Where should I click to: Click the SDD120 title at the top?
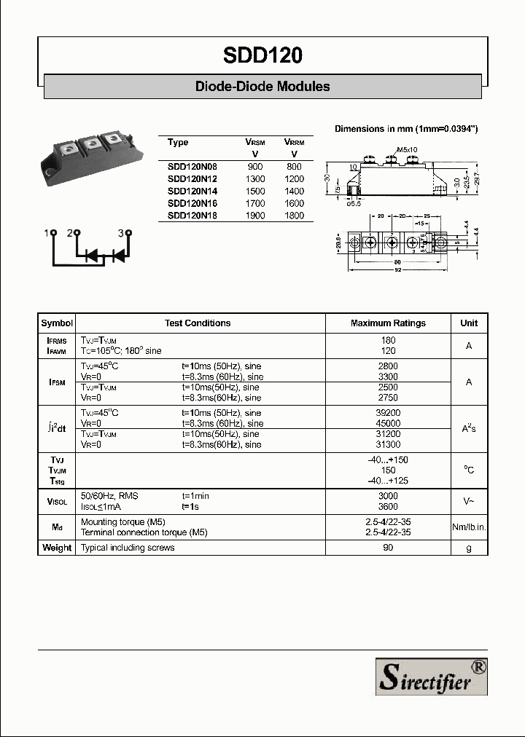[262, 55]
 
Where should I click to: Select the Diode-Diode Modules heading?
[262, 87]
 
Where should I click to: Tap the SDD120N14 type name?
[192, 191]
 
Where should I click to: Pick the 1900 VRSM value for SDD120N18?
[255, 216]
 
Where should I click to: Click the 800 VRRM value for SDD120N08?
[294, 166]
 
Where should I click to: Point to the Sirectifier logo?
[431, 676]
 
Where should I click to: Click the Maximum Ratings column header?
[388, 323]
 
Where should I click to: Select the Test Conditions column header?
[198, 323]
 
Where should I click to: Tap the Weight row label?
[57, 548]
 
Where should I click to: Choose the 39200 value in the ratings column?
[388, 413]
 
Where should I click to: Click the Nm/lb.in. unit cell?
[469, 527]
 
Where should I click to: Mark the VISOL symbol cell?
[57, 501]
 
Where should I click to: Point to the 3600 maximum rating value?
[388, 506]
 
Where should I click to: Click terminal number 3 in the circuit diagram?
[121, 233]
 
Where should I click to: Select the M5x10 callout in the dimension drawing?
[407, 149]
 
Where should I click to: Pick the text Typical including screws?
[128, 548]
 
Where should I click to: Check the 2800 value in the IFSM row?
[388, 366]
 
